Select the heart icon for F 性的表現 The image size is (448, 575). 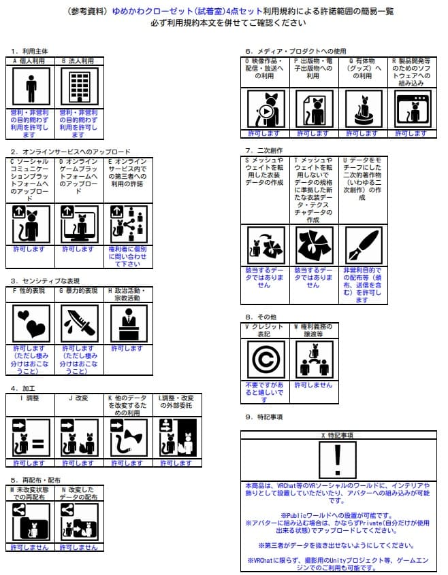point(31,321)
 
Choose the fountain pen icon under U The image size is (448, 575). point(362,245)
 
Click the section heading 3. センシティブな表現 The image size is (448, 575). point(45,280)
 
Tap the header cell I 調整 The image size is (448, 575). point(31,398)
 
